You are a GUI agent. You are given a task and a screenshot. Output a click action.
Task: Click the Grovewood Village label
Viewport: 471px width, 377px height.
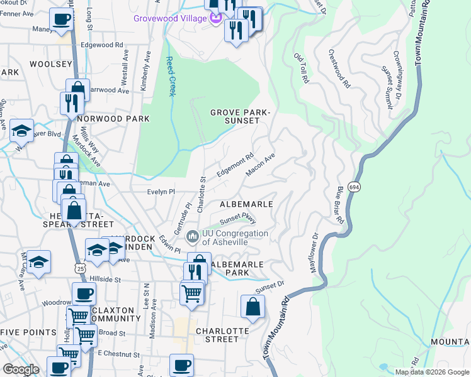point(170,18)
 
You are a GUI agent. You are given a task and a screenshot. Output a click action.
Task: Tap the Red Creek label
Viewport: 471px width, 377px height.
point(169,77)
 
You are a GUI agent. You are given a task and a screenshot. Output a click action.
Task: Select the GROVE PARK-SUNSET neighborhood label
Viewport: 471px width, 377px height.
point(240,116)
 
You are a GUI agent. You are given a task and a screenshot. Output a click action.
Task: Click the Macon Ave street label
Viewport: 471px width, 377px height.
point(261,165)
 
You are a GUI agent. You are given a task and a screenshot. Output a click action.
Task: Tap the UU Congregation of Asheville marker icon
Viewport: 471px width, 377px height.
point(193,237)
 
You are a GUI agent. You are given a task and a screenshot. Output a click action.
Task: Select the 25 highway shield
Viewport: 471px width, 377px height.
point(79,268)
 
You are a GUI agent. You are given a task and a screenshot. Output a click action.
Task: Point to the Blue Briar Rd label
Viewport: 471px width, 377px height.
point(339,204)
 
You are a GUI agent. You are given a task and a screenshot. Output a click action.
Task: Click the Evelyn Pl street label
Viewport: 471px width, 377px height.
point(160,192)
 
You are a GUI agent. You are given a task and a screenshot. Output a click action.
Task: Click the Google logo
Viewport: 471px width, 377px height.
point(21,369)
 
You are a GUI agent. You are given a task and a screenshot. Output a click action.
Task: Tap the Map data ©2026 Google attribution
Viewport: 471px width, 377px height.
point(431,371)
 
